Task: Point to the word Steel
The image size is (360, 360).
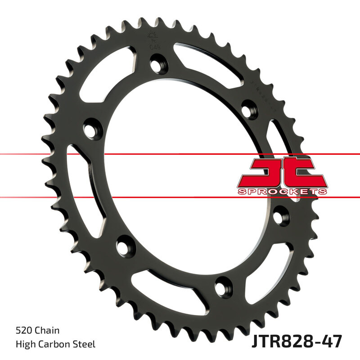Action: (85, 345)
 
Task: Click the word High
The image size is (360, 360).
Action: (25, 345)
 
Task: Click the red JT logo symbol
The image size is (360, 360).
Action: (281, 172)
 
